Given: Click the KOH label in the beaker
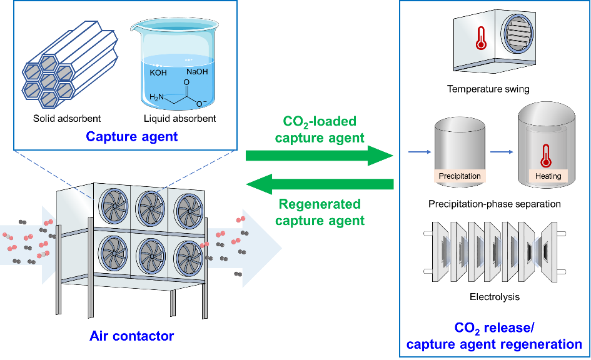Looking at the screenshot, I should [159, 72].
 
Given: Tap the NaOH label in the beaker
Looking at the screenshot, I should [196, 72].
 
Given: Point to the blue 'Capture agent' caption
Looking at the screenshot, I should [132, 136].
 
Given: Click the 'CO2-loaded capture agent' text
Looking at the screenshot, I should [320, 129].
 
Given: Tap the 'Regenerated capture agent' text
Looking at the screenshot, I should [320, 212].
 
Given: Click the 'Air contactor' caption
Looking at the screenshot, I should [132, 336].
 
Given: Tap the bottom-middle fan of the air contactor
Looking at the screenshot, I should [151, 254].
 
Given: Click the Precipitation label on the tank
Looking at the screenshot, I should [460, 176].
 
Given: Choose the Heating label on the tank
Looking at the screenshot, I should [548, 176].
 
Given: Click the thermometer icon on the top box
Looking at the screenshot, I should [480, 38].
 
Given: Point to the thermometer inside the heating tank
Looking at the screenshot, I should [545, 154].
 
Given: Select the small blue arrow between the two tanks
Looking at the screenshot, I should [500, 151].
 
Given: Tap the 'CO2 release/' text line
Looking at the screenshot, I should [494, 329].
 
